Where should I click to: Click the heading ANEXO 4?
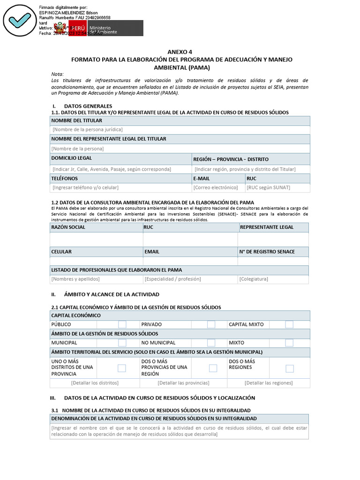pyautogui.click(x=180, y=52)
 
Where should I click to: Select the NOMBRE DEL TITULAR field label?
pyautogui.click(x=76, y=120)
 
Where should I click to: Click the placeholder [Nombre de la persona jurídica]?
pyautogui.click(x=88, y=129)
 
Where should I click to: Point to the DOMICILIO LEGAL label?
pyautogui.click(x=71, y=158)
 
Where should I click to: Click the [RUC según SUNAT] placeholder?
pyautogui.click(x=268, y=187)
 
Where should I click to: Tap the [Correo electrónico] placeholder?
pyautogui.click(x=216, y=187)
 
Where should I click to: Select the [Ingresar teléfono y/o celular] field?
pyautogui.click(x=85, y=187)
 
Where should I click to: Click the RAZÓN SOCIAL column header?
pyautogui.click(x=68, y=227)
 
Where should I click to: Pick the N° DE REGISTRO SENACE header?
pyautogui.click(x=267, y=252)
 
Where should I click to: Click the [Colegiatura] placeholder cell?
pyautogui.click(x=254, y=279)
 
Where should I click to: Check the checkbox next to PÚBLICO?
pyautogui.click(x=122, y=324)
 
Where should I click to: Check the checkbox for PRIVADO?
pyautogui.click(x=211, y=324)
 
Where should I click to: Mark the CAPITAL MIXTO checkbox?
pyautogui.click(x=289, y=324)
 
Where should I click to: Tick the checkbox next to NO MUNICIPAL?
pyautogui.click(x=211, y=343)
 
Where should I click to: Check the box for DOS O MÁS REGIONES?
pyautogui.click(x=289, y=368)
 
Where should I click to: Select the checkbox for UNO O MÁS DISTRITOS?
pyautogui.click(x=122, y=368)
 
